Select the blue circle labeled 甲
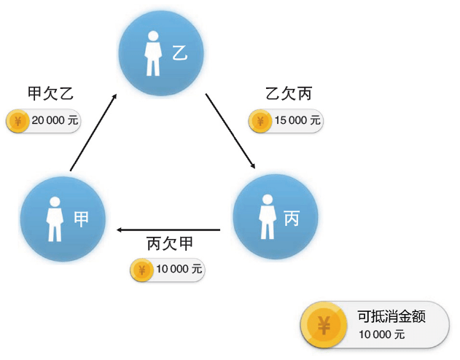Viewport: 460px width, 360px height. pos(63,218)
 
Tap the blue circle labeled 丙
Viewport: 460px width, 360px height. pos(275,216)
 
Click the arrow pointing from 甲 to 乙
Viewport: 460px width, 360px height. pos(93,133)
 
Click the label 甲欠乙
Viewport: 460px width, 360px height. pos(50,94)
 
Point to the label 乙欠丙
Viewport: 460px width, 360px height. pos(289,94)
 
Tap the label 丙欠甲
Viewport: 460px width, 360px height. pos(174,243)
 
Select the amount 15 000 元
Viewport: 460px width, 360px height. pos(297,121)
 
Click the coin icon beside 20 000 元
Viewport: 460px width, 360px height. pos(17,122)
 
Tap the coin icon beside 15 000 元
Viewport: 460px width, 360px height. pos(259,121)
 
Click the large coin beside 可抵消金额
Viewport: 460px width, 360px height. pos(324,325)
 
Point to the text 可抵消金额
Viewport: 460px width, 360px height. pos(391,316)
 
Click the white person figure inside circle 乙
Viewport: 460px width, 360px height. pos(152,53)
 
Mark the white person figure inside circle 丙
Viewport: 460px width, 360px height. pos(267,216)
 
